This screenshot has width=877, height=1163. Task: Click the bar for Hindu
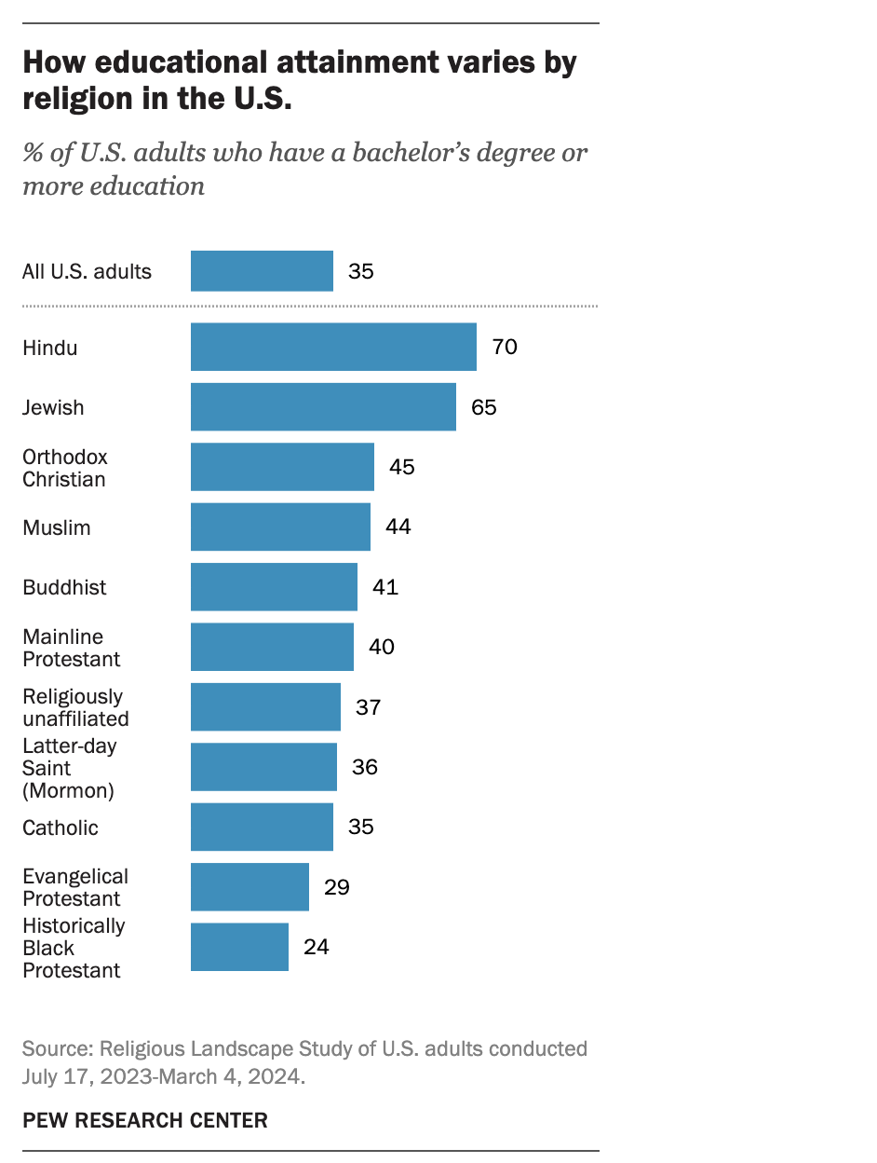point(333,348)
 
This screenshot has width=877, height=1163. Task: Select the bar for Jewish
point(323,407)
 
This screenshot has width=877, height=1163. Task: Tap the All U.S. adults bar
point(262,271)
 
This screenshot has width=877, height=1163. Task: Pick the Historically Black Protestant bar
point(239,947)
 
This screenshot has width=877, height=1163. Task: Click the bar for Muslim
point(280,527)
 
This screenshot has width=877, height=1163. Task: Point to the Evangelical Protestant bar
point(250,887)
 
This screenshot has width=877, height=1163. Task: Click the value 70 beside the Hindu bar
point(505,348)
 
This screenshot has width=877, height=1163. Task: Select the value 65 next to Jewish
point(484,407)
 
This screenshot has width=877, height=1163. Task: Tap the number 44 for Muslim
point(398,527)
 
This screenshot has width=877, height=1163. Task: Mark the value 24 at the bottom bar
point(317,947)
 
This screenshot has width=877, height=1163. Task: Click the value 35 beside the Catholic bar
point(361,827)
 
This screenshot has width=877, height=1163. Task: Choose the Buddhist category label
point(64,587)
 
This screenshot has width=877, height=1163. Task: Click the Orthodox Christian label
point(64,468)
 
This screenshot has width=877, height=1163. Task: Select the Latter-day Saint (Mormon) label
point(69,768)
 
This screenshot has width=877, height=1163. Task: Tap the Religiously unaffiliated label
point(75,707)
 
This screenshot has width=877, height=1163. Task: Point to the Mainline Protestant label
point(72,648)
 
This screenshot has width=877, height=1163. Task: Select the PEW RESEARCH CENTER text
point(145,1120)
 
